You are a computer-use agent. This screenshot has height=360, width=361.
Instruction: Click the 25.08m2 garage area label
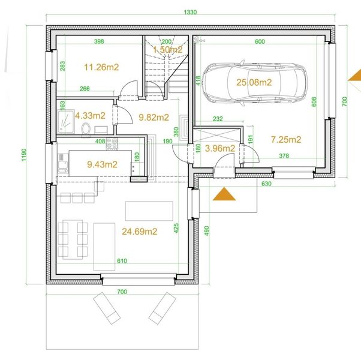pyautogui.click(x=254, y=82)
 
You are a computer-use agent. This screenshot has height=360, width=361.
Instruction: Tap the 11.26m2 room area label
pyautogui.click(x=101, y=67)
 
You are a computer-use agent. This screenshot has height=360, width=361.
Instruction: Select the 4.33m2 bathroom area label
pyautogui.click(x=90, y=115)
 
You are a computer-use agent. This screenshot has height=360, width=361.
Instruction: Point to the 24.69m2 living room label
pyautogui.click(x=139, y=231)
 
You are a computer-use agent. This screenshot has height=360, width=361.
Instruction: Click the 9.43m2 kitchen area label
pyautogui.click(x=102, y=164)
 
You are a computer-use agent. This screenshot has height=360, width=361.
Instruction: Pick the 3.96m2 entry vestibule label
pyautogui.click(x=220, y=148)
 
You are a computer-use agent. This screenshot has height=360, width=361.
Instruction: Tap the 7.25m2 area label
pyautogui.click(x=286, y=139)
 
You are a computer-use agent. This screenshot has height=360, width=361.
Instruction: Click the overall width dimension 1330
pyautogui.click(x=191, y=12)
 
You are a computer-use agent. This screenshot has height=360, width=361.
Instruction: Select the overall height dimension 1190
pyautogui.click(x=24, y=155)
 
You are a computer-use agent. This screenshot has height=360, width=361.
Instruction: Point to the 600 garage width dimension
pyautogui.click(x=260, y=41)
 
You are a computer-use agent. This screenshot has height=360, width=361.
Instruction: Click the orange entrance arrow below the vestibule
pyautogui.click(x=224, y=194)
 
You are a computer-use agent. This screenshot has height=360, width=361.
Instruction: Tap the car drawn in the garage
pyautogui.click(x=254, y=83)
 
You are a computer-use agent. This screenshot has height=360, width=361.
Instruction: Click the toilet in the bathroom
pyautogui.click(x=86, y=128)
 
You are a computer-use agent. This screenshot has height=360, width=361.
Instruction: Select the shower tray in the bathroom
pyautogui.click(x=66, y=121)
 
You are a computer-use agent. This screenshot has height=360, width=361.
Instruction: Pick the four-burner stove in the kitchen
pyautogui.click(x=112, y=144)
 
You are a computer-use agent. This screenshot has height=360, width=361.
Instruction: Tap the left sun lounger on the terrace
pyautogui.click(x=107, y=308)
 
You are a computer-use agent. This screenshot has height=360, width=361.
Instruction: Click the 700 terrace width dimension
pyautogui.click(x=122, y=292)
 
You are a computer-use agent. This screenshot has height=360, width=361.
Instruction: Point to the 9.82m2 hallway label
pyautogui.click(x=154, y=117)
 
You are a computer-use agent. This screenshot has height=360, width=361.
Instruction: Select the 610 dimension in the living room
pyautogui.click(x=122, y=261)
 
